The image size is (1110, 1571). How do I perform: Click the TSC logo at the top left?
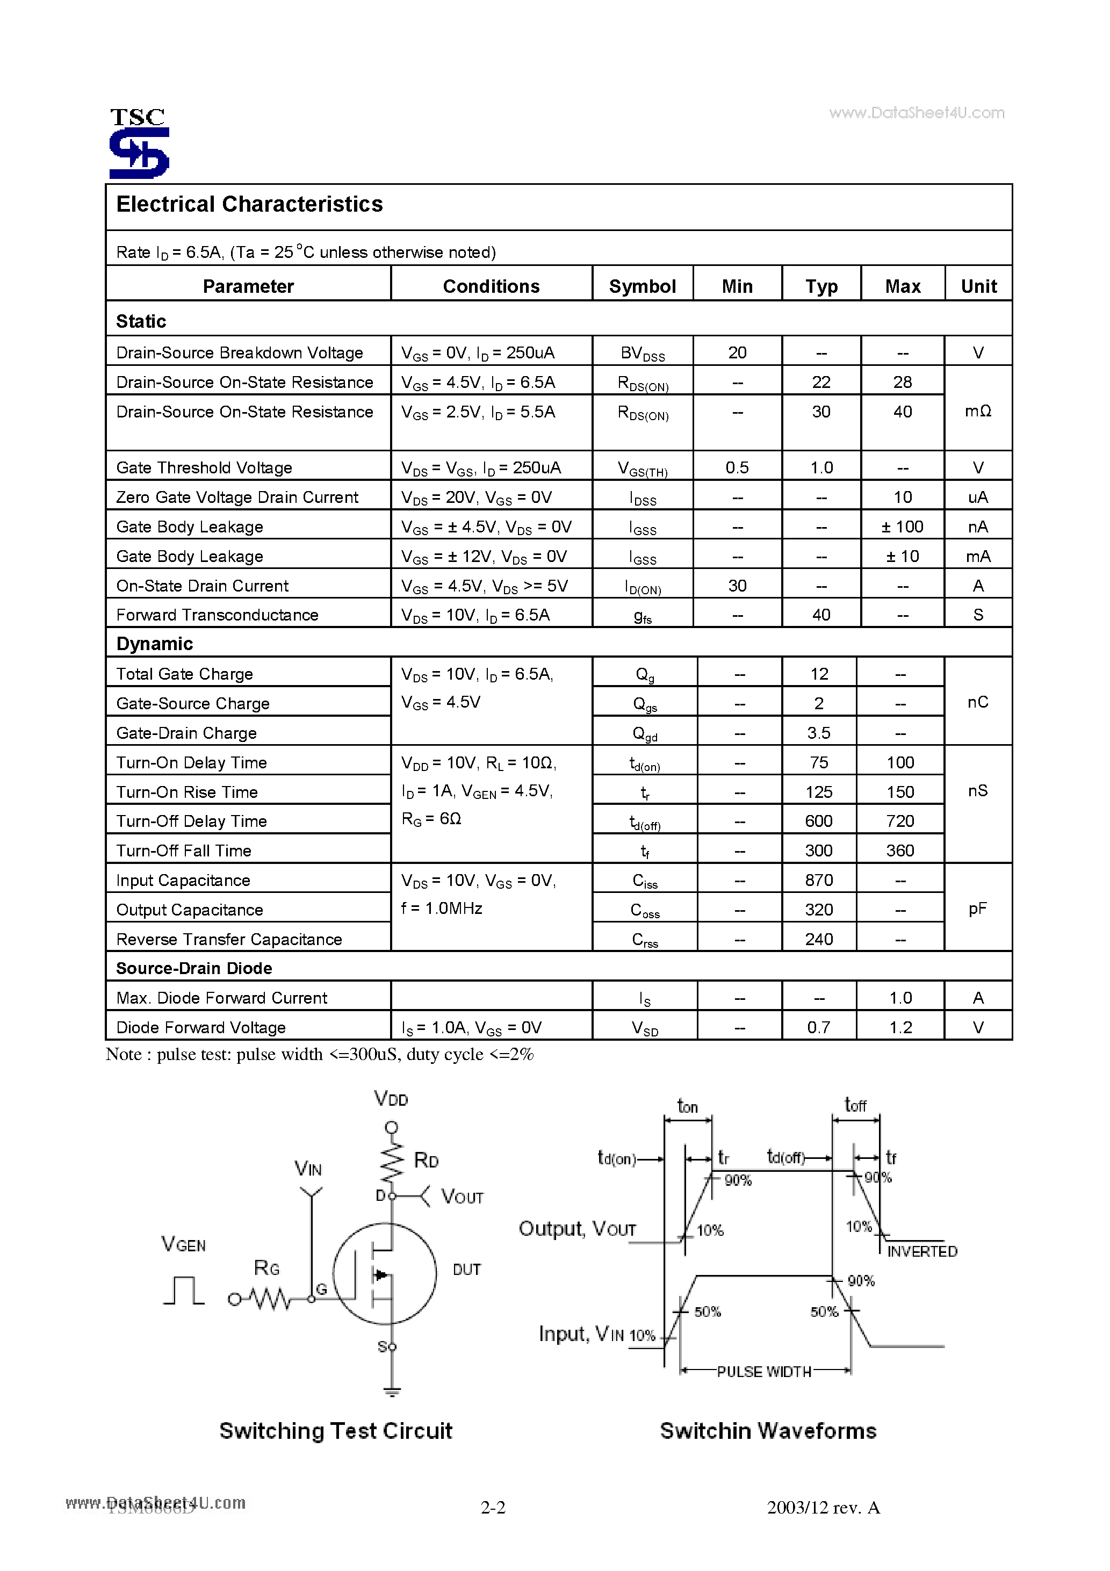(x=139, y=143)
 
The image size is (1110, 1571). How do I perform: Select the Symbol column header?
(x=642, y=286)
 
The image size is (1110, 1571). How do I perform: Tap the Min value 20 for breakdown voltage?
(x=737, y=352)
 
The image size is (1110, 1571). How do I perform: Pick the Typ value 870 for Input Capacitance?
(x=818, y=880)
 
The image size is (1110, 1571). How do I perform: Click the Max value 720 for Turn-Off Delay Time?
(x=900, y=821)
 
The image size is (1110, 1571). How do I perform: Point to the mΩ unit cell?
(x=978, y=410)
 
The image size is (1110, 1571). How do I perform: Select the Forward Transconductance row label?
(x=217, y=615)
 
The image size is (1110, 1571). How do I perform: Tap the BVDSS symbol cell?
(x=642, y=353)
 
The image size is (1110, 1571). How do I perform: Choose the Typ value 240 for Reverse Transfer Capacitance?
(x=818, y=939)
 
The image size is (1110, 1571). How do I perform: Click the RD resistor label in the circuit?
(x=426, y=1160)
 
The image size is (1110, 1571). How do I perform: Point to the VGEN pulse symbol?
(x=183, y=1290)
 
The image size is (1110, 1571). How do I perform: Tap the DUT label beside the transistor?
(x=467, y=1269)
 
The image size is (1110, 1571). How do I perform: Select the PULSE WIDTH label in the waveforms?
(x=763, y=1372)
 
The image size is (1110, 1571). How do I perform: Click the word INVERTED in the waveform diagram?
(x=922, y=1251)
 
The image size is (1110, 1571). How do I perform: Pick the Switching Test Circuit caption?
(x=335, y=1431)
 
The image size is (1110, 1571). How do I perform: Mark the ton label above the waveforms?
(x=687, y=1106)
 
